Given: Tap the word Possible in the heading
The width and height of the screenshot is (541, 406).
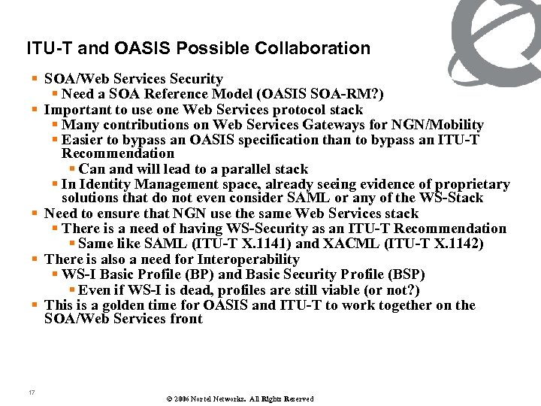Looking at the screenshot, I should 221,49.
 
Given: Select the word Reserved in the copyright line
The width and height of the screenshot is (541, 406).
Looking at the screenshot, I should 298,399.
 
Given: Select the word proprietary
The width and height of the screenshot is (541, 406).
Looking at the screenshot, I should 471,184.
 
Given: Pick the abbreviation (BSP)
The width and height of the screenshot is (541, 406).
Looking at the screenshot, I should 406,274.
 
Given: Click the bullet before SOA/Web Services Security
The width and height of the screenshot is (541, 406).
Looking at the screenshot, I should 36,79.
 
